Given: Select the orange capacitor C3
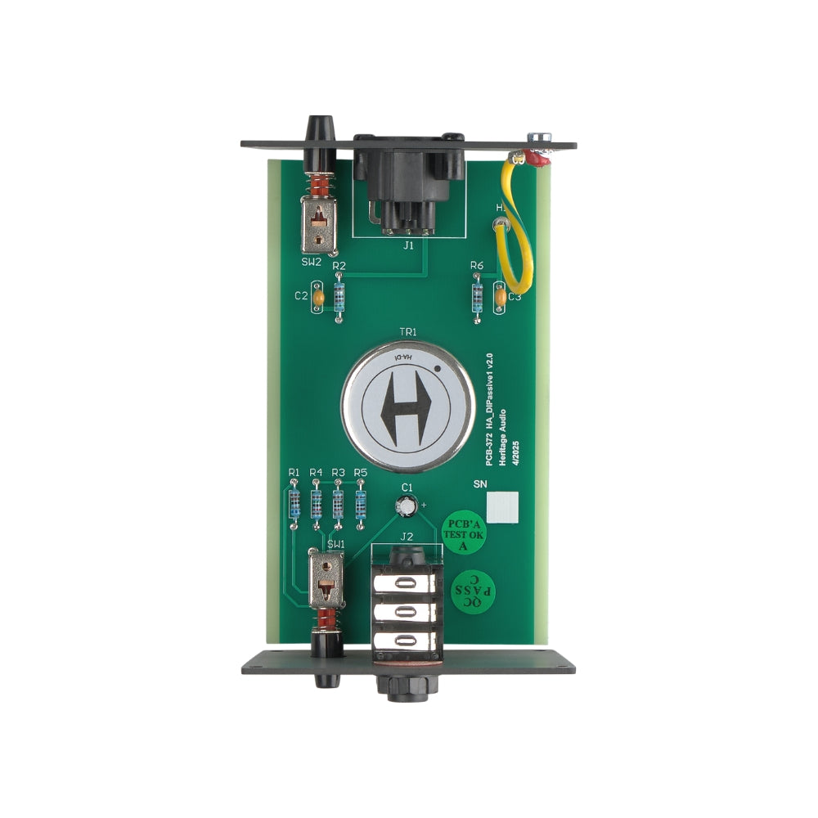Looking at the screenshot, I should [x=500, y=298].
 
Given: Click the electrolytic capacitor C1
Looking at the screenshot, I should [x=406, y=507].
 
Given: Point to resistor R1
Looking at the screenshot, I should [x=294, y=506].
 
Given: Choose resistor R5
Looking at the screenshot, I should [x=360, y=505].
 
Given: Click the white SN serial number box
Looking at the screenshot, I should [x=504, y=507].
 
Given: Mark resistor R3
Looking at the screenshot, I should [x=338, y=505].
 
